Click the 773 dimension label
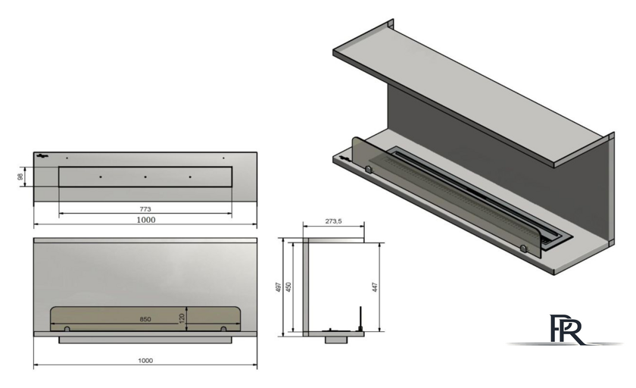(145, 209)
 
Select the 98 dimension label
(20, 177)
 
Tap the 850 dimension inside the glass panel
(145, 319)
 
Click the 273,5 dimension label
(333, 221)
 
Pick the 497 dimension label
(279, 288)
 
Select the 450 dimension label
(288, 288)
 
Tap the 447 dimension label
(376, 288)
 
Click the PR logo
(566, 330)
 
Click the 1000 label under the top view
(145, 220)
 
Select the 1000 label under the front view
(145, 361)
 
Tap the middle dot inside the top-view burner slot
(145, 177)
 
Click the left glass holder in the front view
(67, 329)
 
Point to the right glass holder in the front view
(223, 329)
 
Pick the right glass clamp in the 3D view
(524, 248)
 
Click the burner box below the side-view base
(336, 339)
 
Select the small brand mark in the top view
(42, 156)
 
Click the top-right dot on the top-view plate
(223, 158)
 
